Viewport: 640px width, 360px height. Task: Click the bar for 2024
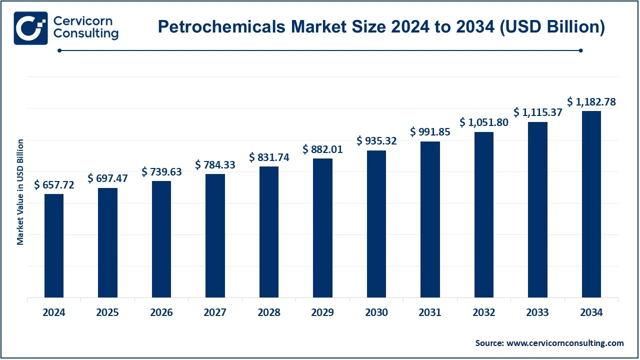pyautogui.click(x=54, y=245)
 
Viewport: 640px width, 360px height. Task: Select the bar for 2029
pyautogui.click(x=322, y=228)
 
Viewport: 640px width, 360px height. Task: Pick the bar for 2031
pyautogui.click(x=430, y=219)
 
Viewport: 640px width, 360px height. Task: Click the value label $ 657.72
pyautogui.click(x=54, y=185)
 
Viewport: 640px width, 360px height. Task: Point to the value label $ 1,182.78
pyautogui.click(x=591, y=102)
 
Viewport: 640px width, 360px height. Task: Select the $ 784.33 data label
pyautogui.click(x=215, y=164)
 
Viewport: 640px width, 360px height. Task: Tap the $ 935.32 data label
pyautogui.click(x=376, y=141)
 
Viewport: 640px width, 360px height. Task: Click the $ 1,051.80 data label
pyautogui.click(x=484, y=122)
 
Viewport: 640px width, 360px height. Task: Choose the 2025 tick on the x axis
pyautogui.click(x=107, y=313)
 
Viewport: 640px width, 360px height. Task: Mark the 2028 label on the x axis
pyautogui.click(x=269, y=313)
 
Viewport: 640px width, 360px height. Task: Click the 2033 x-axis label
pyautogui.click(x=537, y=313)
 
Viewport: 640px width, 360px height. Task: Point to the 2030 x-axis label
pyautogui.click(x=376, y=313)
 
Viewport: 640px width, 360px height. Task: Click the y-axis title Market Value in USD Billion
pyautogui.click(x=20, y=192)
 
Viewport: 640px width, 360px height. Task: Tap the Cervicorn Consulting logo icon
pyautogui.click(x=31, y=28)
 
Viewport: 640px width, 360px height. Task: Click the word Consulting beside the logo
pyautogui.click(x=85, y=33)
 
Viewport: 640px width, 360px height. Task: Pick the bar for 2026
pyautogui.click(x=161, y=239)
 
